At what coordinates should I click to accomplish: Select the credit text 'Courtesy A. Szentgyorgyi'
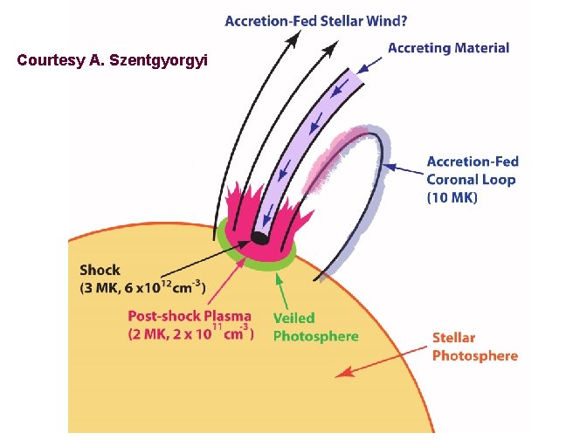[x=113, y=61]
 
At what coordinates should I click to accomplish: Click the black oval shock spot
[x=259, y=237]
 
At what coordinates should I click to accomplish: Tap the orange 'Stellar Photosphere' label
[x=475, y=347]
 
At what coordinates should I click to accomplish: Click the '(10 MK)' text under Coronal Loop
[x=452, y=198]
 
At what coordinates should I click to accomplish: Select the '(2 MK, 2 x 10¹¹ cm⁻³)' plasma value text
[x=190, y=333]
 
